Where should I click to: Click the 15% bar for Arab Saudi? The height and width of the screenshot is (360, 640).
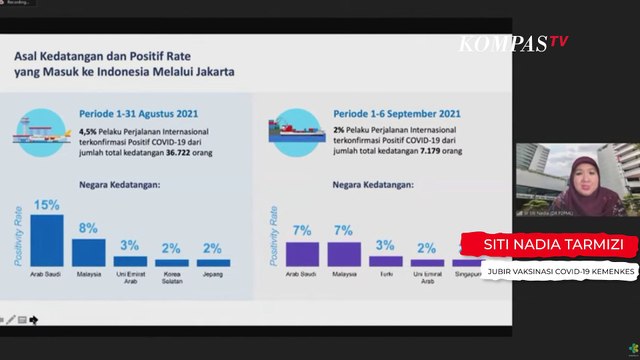click(x=46, y=240)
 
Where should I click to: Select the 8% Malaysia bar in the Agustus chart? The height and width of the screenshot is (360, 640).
click(x=88, y=251)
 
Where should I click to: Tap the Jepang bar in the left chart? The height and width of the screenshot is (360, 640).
click(x=213, y=262)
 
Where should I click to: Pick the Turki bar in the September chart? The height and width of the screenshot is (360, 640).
click(x=385, y=260)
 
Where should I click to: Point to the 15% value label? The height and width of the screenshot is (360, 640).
click(x=46, y=206)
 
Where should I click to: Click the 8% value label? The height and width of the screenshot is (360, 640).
click(x=88, y=229)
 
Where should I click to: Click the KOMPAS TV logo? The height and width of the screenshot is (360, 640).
click(x=513, y=42)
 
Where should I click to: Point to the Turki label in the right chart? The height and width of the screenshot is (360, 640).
click(x=385, y=273)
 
